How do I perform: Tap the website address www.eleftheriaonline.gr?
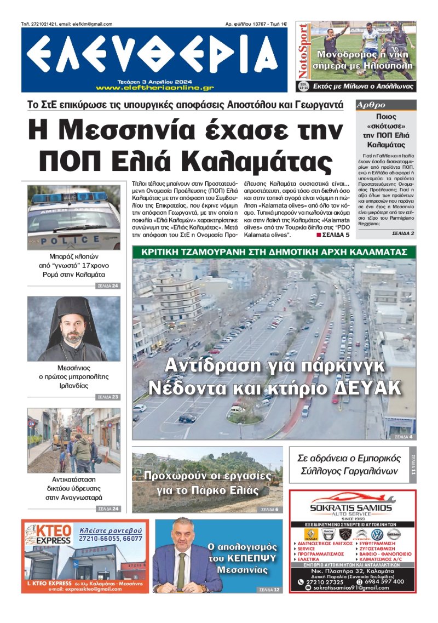pyautogui.click(x=155, y=88)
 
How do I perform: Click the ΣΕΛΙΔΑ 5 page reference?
pyautogui.click(x=332, y=235)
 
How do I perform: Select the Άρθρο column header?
pyautogui.click(x=371, y=105)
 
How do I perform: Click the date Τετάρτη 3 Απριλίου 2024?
pyautogui.click(x=155, y=81)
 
